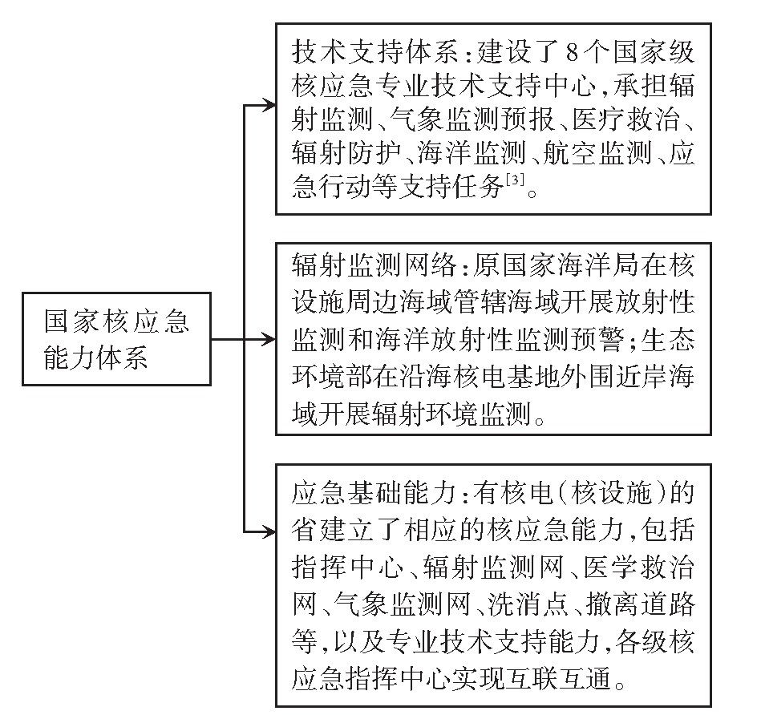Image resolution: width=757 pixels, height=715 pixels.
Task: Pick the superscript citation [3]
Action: point(513,184)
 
